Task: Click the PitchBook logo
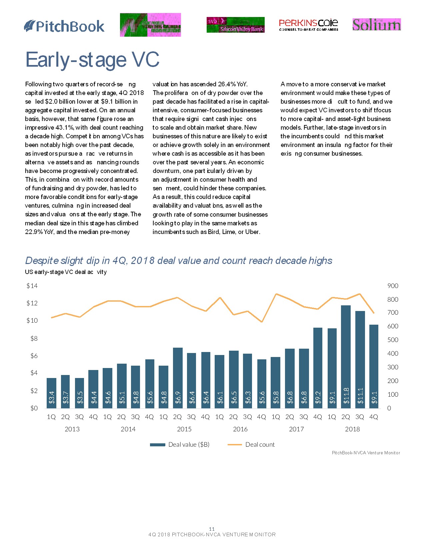pyautogui.click(x=64, y=26)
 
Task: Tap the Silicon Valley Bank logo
pyautogui.click(x=235, y=25)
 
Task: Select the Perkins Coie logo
pyautogui.click(x=308, y=25)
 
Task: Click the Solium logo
pyautogui.click(x=376, y=25)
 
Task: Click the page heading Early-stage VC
pyautogui.click(x=92, y=60)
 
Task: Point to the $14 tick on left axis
pyautogui.click(x=32, y=286)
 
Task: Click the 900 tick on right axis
pyautogui.click(x=393, y=286)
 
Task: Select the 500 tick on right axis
pyautogui.click(x=393, y=340)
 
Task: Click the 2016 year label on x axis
pyautogui.click(x=240, y=429)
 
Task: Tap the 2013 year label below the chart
pyautogui.click(x=72, y=429)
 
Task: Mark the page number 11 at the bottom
pyautogui.click(x=212, y=529)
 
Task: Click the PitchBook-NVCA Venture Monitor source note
pyautogui.click(x=366, y=453)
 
